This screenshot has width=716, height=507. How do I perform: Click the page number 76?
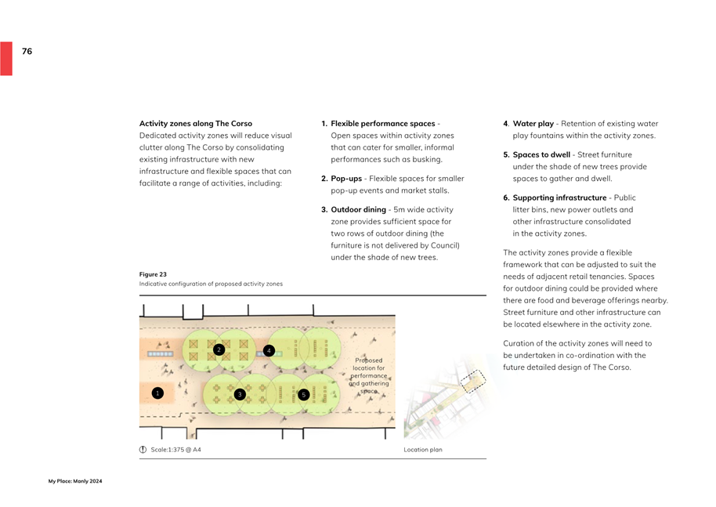click(27, 51)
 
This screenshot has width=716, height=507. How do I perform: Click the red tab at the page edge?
click(6, 59)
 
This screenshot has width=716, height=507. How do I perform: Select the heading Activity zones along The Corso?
click(196, 124)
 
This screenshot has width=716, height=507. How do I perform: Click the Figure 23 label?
click(153, 274)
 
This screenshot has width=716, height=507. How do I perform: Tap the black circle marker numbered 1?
click(157, 393)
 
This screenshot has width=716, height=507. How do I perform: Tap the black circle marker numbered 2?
click(219, 349)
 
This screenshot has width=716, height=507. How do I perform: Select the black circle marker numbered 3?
click(240, 395)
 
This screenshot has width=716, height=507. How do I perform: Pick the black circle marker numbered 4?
click(269, 350)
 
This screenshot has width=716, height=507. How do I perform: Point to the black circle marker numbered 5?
click(303, 395)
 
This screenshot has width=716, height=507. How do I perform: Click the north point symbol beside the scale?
click(143, 450)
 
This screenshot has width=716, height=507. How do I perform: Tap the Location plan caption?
click(423, 450)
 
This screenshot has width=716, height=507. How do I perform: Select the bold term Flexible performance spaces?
click(382, 124)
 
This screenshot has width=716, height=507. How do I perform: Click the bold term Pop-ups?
click(346, 179)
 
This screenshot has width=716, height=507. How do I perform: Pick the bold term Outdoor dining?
click(358, 210)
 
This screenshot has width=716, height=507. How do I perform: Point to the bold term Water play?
click(533, 124)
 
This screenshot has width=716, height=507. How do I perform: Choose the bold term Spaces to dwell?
click(541, 155)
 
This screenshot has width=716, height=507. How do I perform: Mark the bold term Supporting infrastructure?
click(559, 198)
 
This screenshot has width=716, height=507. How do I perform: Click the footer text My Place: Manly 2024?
click(75, 481)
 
